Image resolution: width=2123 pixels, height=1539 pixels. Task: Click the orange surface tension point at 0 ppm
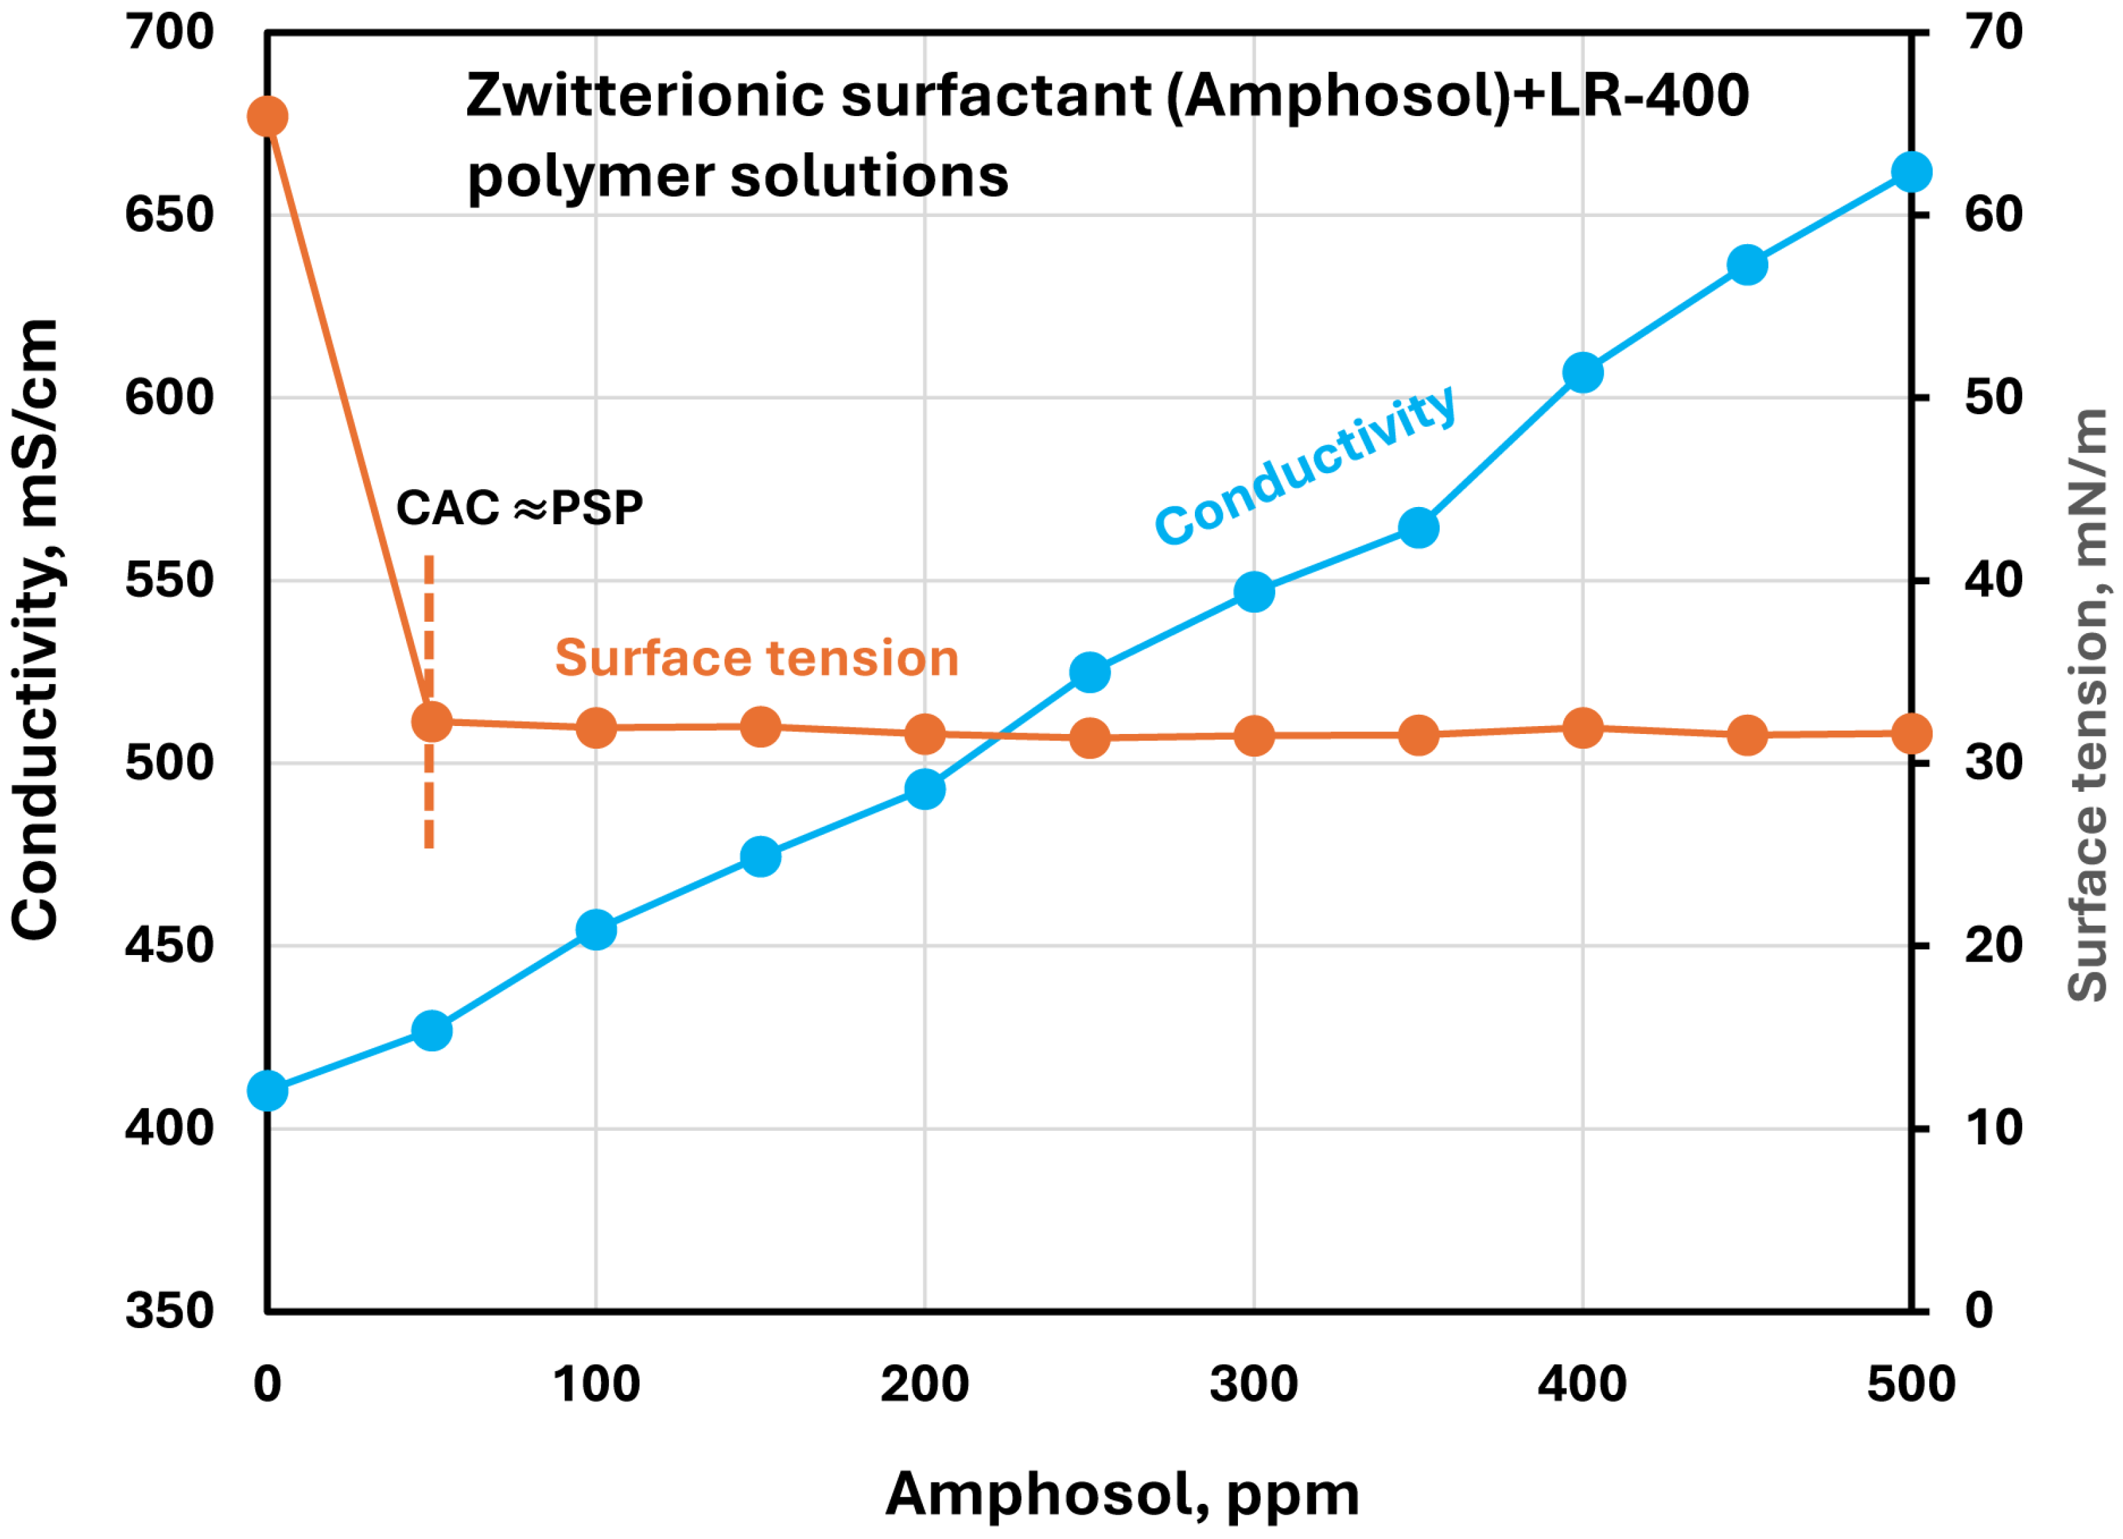[267, 117]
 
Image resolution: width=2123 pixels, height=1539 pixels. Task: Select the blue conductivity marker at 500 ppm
[1911, 173]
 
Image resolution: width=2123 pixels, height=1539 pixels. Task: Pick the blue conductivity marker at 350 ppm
[1418, 528]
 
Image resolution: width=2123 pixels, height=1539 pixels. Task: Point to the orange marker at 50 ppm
[431, 722]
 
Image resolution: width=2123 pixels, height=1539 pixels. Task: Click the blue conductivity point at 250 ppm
[1089, 672]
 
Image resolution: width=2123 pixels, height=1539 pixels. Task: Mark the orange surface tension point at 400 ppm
[1583, 727]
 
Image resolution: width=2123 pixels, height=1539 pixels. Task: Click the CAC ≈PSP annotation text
[519, 508]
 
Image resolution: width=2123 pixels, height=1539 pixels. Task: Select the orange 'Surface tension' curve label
[756, 658]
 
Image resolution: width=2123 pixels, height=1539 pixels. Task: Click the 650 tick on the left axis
[169, 215]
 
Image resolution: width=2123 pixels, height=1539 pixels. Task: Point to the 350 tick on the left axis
[169, 1311]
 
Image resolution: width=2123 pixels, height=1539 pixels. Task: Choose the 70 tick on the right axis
[1993, 33]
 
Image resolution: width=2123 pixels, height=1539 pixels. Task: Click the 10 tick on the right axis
[1993, 1128]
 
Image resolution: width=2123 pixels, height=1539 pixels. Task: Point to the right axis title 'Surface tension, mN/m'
[2087, 705]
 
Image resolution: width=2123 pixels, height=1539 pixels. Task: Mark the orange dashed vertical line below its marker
[429, 796]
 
